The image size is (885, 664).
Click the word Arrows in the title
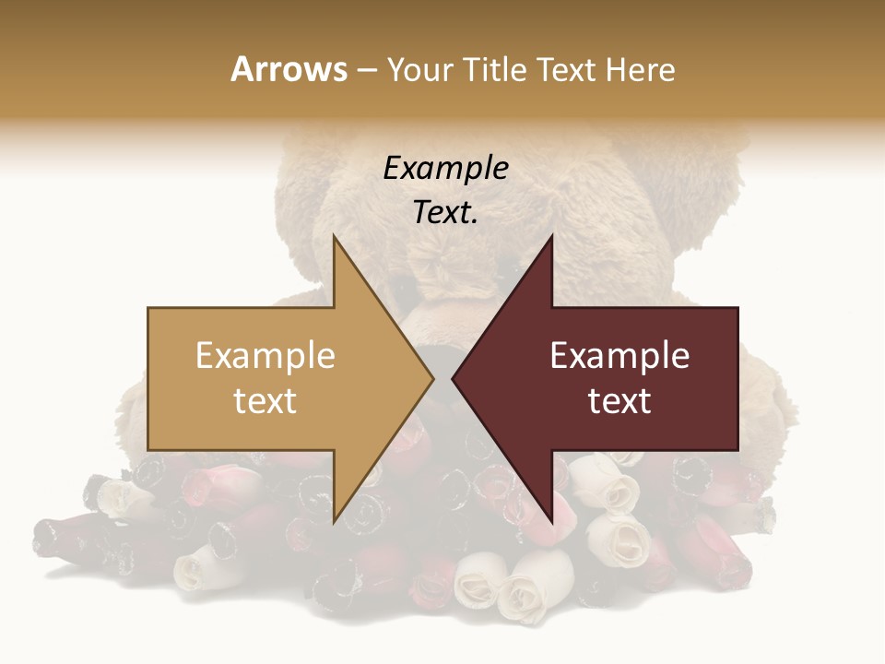tap(289, 69)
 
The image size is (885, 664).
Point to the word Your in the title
tap(419, 70)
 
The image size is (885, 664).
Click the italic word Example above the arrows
tap(445, 169)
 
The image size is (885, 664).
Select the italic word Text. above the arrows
tap(445, 213)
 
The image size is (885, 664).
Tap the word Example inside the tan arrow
tap(265, 356)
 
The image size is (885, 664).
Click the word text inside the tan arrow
tap(265, 401)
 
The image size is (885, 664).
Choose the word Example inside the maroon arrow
tap(619, 356)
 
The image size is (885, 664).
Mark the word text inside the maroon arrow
tap(619, 401)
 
